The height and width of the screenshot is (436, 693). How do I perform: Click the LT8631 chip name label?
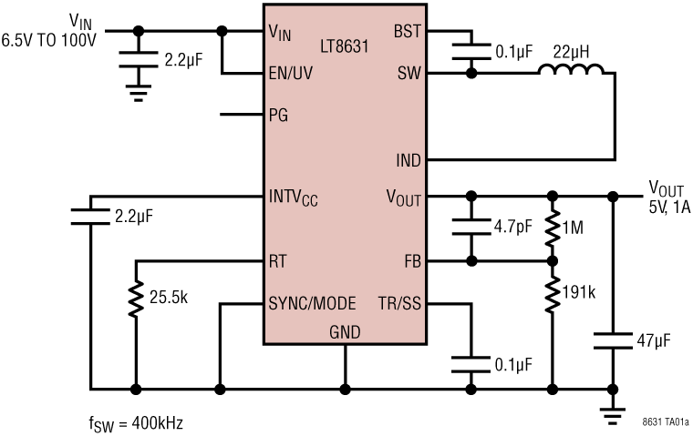click(345, 45)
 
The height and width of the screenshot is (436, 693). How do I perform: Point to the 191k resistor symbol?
click(553, 292)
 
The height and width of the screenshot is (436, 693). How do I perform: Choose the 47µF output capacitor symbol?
click(615, 341)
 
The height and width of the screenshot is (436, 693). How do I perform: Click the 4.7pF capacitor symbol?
click(471, 228)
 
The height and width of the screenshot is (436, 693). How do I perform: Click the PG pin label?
click(279, 116)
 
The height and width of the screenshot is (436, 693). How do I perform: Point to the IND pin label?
click(408, 160)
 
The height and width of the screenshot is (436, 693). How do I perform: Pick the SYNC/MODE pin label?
click(312, 303)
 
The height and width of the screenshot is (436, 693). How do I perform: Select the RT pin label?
click(279, 260)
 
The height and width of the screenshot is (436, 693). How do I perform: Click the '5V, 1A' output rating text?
click(669, 206)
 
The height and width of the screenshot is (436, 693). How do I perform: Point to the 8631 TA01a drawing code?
click(666, 422)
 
